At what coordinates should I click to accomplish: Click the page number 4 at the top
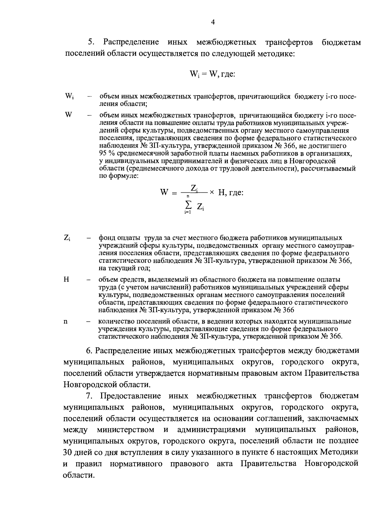coord(213,22)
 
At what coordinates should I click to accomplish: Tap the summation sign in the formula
coord(188,204)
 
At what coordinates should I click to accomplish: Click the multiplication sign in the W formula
coord(212,192)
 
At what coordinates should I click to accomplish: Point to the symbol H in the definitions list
coord(66,279)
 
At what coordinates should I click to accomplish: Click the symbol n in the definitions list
coord(66,321)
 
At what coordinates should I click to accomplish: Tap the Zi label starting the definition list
coord(67,238)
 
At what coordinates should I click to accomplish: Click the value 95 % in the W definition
coord(107,153)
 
